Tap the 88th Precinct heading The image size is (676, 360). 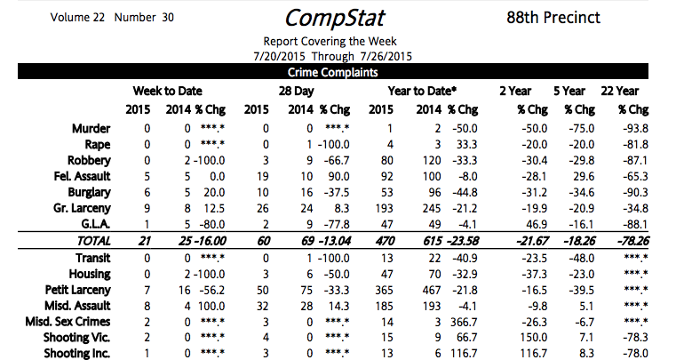(559, 18)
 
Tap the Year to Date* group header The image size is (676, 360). (423, 91)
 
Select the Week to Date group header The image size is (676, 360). (168, 91)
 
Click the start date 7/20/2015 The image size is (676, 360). (279, 57)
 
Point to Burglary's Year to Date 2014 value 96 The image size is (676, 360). (433, 192)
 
